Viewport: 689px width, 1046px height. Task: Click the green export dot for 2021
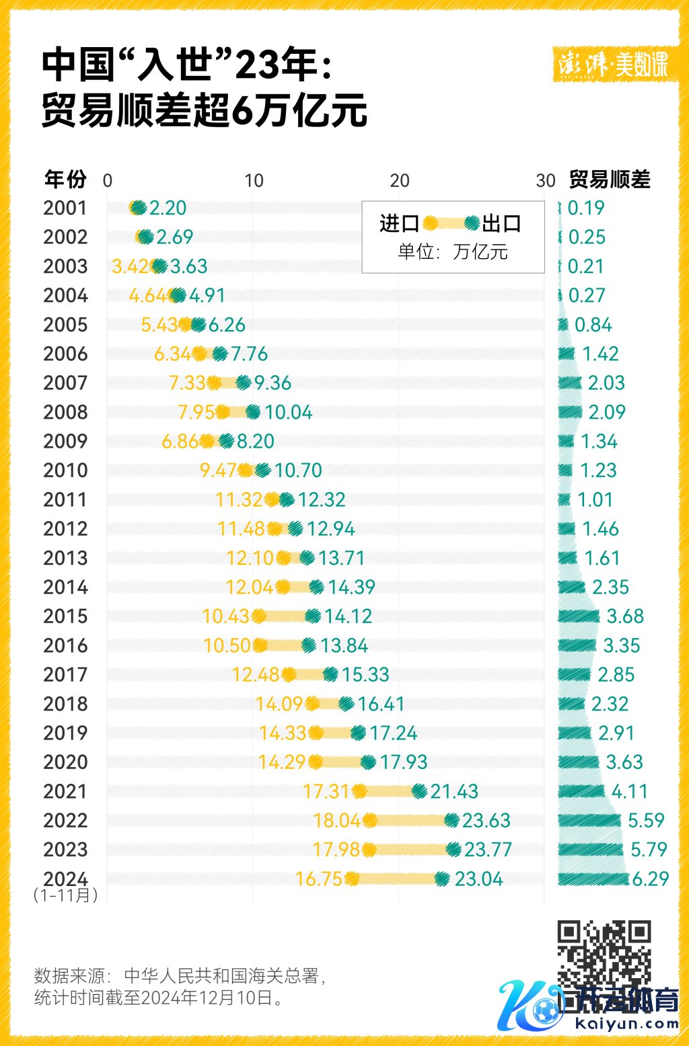point(419,791)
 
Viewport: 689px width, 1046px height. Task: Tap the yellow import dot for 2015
point(258,616)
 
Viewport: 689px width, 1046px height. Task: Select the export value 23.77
point(488,850)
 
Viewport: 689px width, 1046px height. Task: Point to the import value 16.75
point(319,879)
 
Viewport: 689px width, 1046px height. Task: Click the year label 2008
point(65,412)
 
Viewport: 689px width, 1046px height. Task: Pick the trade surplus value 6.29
point(650,879)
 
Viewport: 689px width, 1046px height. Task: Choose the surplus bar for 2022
point(589,820)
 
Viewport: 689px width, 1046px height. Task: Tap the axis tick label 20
point(400,181)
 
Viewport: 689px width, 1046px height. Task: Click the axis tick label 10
point(254,181)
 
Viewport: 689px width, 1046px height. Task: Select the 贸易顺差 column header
point(610,179)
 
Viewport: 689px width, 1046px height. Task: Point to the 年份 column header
point(65,179)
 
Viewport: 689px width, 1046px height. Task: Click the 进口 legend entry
point(400,223)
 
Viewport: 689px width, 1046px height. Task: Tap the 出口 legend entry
point(502,223)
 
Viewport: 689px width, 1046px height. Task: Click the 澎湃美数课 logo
point(613,65)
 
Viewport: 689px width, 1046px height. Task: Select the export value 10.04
point(288,412)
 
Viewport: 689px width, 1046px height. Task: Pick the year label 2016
point(65,645)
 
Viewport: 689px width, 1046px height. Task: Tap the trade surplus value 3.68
point(625,616)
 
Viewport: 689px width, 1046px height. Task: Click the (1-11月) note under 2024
point(65,895)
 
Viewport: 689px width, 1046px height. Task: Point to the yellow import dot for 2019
point(316,733)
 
